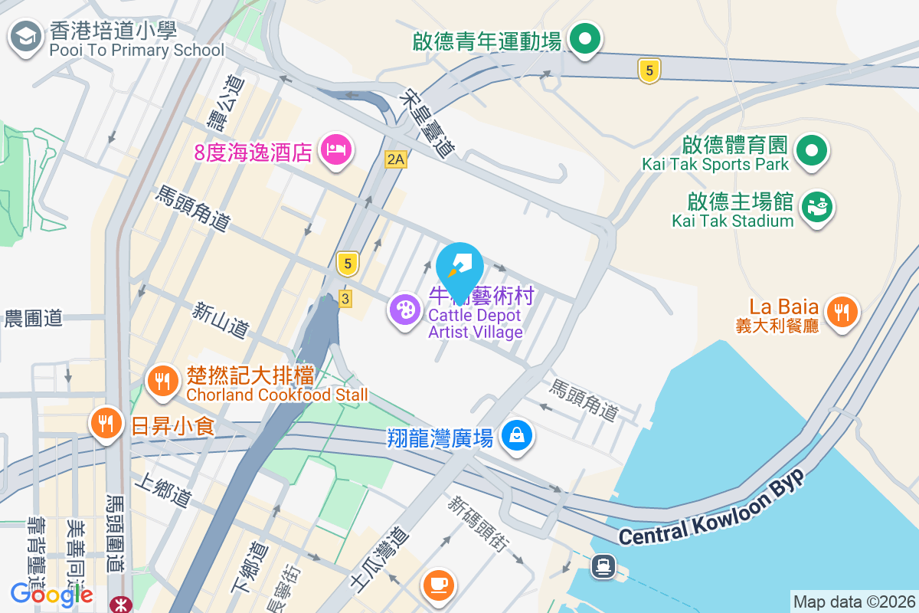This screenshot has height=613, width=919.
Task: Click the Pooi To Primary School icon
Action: pos(26,35)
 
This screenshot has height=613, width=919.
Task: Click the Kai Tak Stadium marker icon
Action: pos(817,207)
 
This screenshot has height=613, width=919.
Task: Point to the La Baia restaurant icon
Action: pos(842,311)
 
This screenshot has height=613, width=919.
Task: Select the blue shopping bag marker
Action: pos(517,436)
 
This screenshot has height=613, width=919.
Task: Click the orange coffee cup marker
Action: pos(440,585)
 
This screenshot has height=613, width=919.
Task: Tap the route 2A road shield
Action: pos(395,159)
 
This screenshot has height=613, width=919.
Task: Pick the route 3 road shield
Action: pos(345,299)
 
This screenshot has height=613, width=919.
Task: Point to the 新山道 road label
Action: pos(221,320)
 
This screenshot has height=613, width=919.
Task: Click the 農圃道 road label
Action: pos(34,319)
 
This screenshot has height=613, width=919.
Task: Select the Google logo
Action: pos(51,594)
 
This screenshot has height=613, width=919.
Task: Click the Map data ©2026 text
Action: pos(854,602)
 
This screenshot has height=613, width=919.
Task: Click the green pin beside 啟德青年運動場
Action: pos(586,38)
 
